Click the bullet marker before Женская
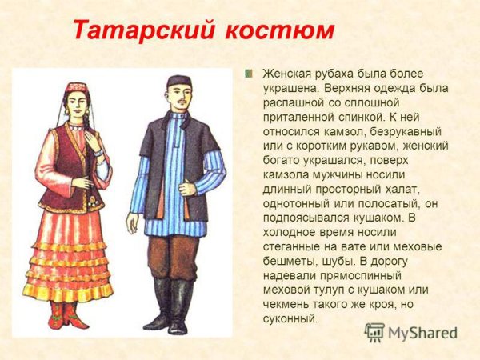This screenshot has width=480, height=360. pyautogui.click(x=249, y=74)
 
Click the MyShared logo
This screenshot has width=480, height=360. pyautogui.click(x=410, y=331)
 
